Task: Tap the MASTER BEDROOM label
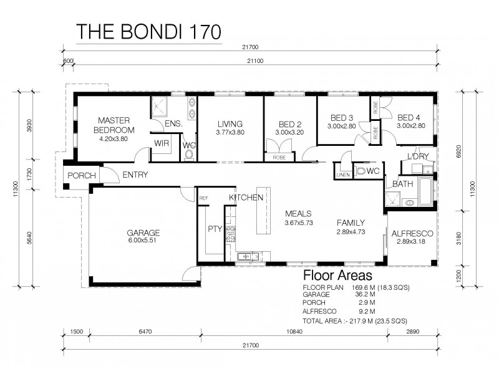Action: [114, 125]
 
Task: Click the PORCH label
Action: [82, 176]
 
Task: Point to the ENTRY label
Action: [135, 175]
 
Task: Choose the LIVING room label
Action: [230, 123]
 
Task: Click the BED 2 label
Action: [289, 123]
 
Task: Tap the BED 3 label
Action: [341, 117]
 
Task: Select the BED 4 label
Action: [410, 117]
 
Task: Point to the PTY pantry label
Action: [215, 228]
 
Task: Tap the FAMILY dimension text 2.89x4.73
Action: [351, 231]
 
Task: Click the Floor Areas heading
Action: [337, 275]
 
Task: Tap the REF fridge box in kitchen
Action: [203, 198]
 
